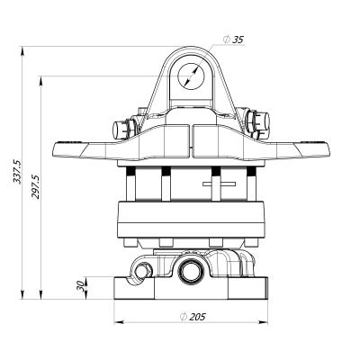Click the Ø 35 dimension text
coord(233,40)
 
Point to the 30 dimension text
coord(80,286)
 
